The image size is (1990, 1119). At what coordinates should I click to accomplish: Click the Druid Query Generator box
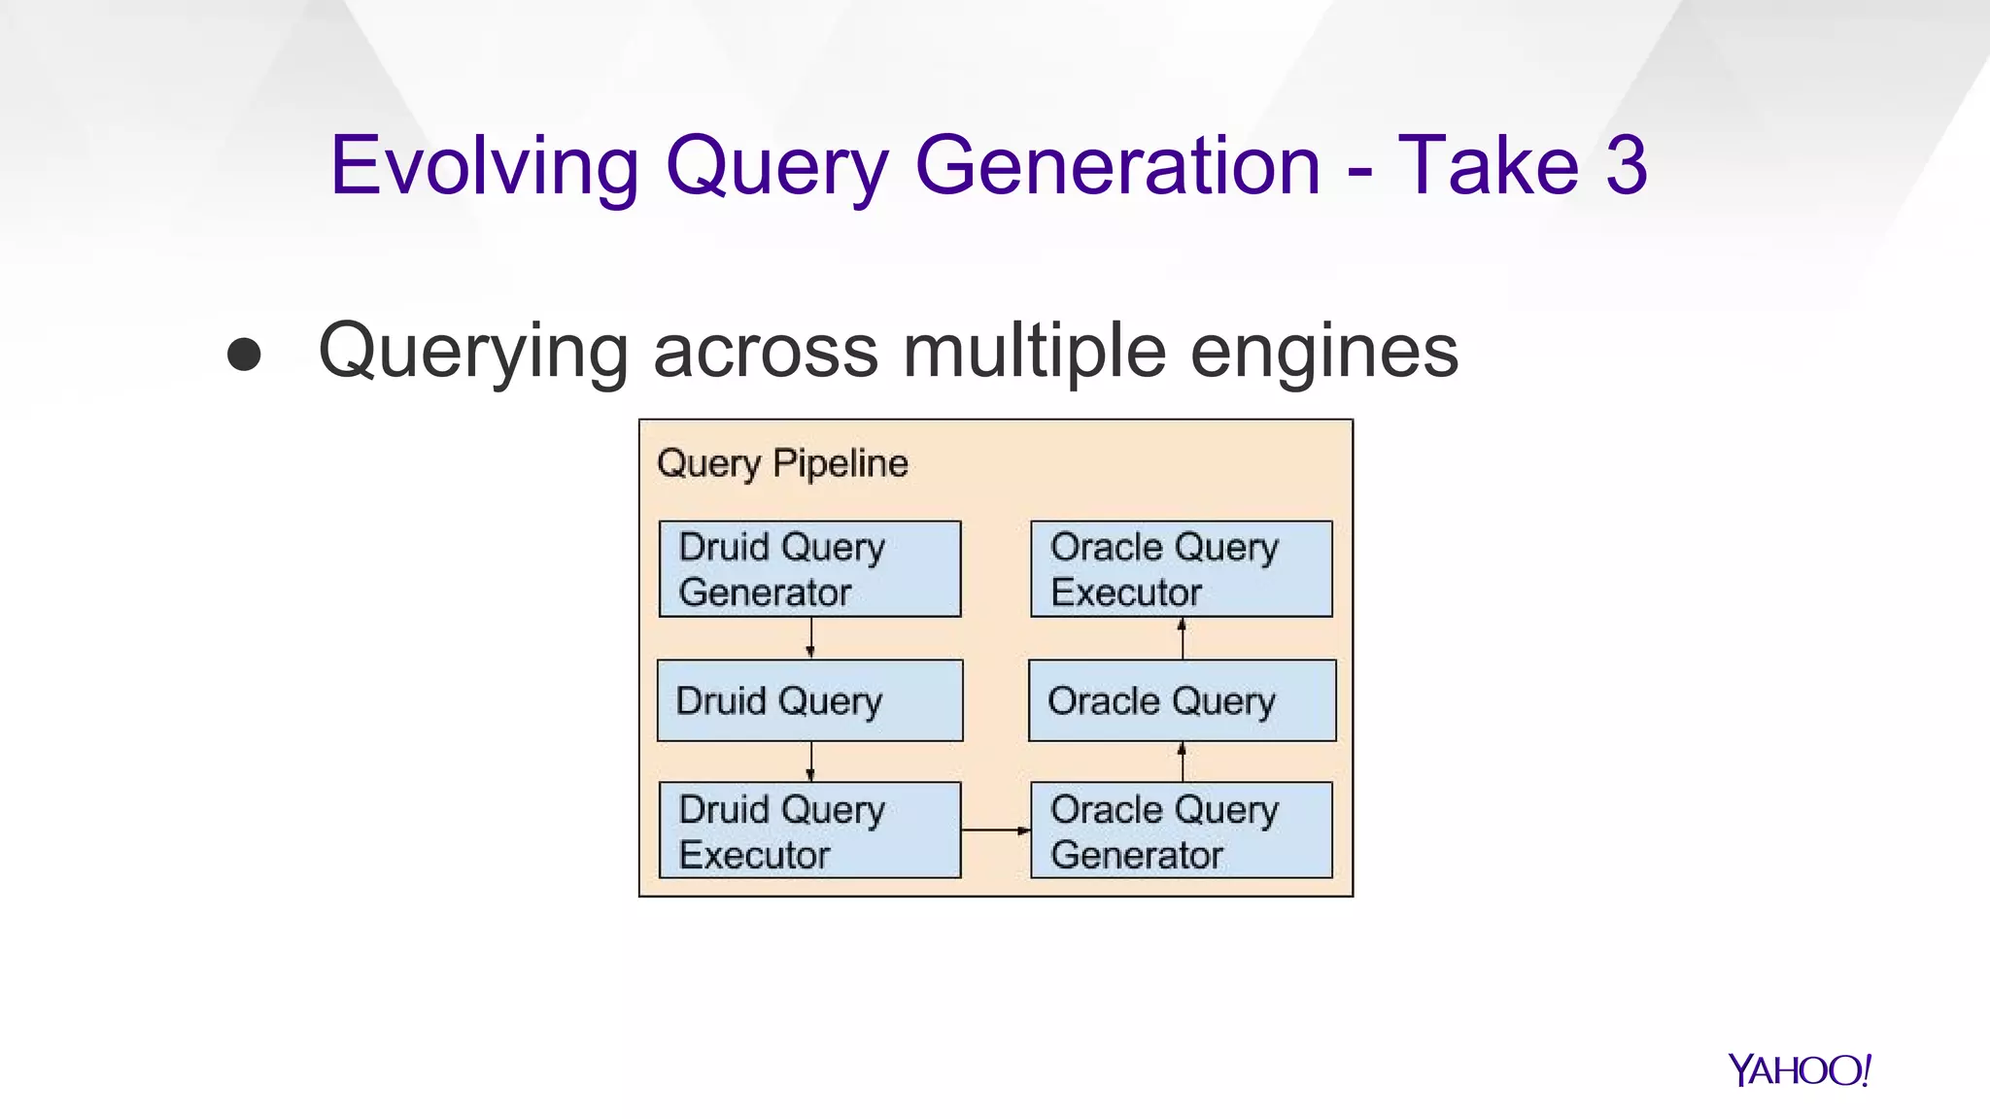[x=809, y=569]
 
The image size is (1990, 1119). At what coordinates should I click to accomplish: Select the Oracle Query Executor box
[x=1181, y=569]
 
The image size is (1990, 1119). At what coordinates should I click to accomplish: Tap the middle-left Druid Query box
[x=809, y=700]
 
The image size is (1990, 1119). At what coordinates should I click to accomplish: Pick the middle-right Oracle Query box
[x=1182, y=700]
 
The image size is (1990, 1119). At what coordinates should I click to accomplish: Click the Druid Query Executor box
[x=809, y=831]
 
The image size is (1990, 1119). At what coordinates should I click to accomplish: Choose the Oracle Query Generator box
[x=1181, y=831]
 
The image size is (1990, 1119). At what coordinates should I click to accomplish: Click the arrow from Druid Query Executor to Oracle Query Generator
[x=995, y=831]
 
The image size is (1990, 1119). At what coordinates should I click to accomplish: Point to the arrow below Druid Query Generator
[x=810, y=638]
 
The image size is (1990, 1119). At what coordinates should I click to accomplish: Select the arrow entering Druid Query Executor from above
[x=810, y=762]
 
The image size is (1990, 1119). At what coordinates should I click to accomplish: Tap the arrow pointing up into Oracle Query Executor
[x=1182, y=638]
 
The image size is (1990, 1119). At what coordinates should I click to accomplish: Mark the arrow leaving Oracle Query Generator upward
[x=1182, y=762]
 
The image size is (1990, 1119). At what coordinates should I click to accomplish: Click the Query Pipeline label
[x=782, y=463]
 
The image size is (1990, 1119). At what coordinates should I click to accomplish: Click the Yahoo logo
[x=1799, y=1069]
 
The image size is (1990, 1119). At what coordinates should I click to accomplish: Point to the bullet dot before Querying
[x=244, y=355]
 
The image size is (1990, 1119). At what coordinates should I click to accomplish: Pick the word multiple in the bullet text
[x=1034, y=352]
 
